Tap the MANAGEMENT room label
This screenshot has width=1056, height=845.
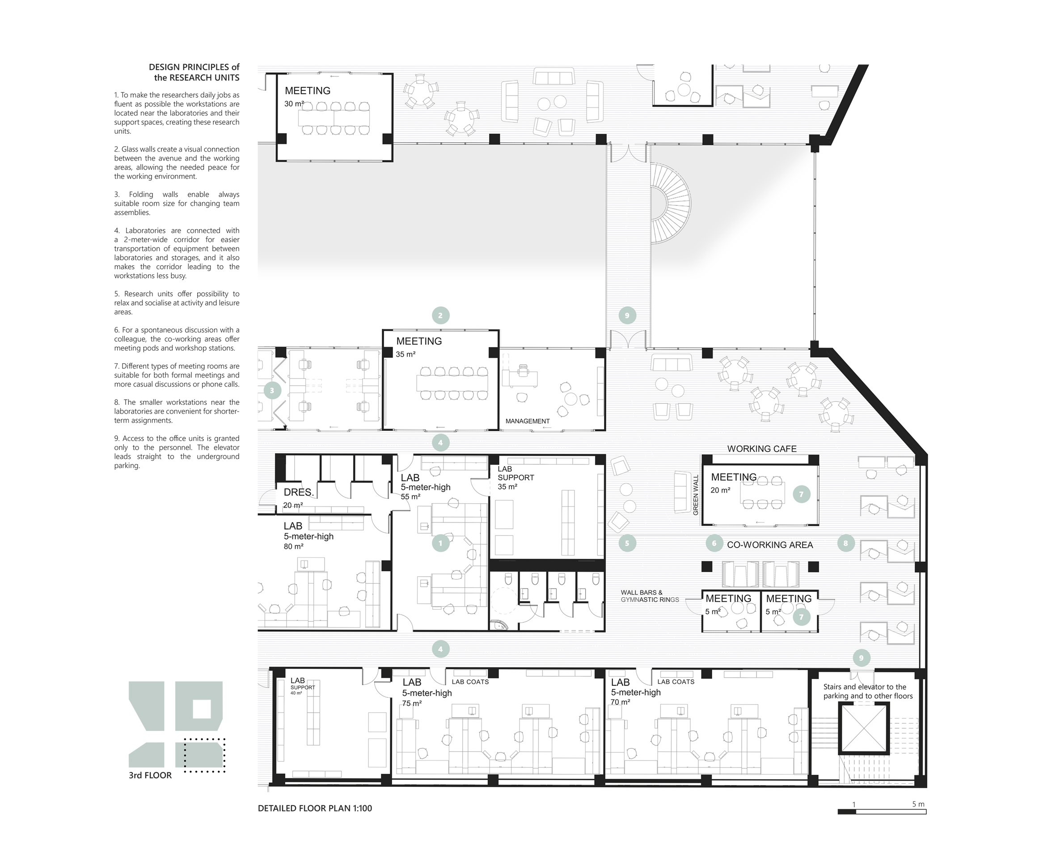click(x=528, y=421)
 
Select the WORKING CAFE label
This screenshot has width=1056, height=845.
click(x=762, y=449)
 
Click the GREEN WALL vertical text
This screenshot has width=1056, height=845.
click(x=696, y=495)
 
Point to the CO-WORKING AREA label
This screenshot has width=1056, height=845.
click(x=769, y=544)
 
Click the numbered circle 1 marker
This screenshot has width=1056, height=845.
click(x=440, y=543)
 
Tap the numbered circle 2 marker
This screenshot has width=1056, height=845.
click(x=440, y=315)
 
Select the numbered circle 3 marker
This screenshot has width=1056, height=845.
click(x=272, y=391)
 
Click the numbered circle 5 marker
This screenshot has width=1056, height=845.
click(x=627, y=543)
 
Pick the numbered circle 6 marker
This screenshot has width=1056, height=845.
click(x=714, y=543)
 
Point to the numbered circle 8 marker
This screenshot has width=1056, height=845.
click(x=845, y=543)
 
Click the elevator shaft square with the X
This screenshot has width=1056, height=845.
click(x=863, y=728)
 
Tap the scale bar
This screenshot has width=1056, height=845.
click(x=882, y=811)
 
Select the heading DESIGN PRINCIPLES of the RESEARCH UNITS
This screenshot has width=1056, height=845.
click(x=194, y=72)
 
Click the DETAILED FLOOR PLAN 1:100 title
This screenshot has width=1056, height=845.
click(x=315, y=808)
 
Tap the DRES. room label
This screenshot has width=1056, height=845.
click(x=298, y=492)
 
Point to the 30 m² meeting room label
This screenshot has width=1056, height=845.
click(x=294, y=104)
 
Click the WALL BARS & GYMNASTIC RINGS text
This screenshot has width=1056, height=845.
click(x=650, y=596)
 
